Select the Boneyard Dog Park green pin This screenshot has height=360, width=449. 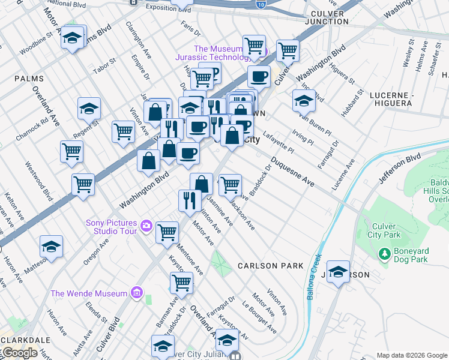coord(385,255)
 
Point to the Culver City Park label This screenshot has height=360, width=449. coord(385,230)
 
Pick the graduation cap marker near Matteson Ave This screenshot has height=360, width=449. coord(51,247)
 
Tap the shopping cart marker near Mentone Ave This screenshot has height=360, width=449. coord(167,232)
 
